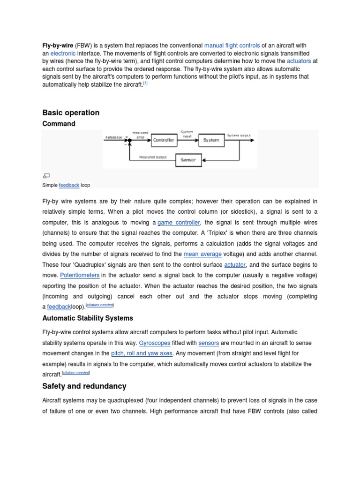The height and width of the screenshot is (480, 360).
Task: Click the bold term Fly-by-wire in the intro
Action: coord(57,45)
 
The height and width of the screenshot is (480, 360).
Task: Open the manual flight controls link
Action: coord(232,45)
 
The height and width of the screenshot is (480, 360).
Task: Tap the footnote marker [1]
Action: coord(145,83)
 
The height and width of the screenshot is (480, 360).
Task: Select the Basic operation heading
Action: coord(71,112)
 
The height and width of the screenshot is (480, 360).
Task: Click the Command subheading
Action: coord(59,124)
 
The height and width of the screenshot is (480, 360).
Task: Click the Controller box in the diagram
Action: coord(164,140)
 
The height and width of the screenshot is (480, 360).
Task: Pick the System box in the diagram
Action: coord(211,140)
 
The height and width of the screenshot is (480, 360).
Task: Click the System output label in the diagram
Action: coord(239,135)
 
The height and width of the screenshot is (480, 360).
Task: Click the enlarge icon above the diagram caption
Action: coord(46,176)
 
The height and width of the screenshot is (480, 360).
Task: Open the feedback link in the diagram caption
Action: coord(69,185)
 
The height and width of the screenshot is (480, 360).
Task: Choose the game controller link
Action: coord(179,222)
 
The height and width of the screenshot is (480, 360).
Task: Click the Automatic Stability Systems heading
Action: coord(88,318)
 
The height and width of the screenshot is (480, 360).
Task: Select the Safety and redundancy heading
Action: coord(84,386)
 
